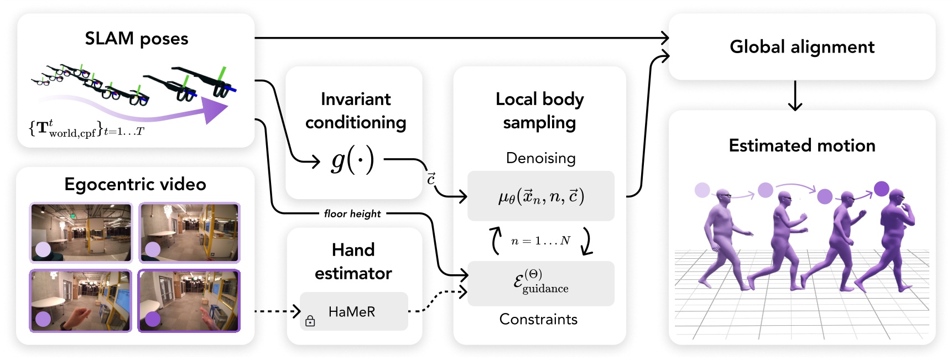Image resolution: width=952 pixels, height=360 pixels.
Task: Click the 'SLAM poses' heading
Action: (x=137, y=39)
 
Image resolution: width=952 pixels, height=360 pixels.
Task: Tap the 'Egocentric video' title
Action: (x=135, y=184)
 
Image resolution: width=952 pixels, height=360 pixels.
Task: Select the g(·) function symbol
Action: (x=352, y=160)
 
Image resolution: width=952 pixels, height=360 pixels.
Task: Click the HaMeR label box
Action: (x=354, y=311)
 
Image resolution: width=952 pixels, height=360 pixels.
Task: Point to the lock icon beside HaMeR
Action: (x=310, y=321)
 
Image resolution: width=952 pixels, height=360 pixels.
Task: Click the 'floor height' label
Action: (x=352, y=213)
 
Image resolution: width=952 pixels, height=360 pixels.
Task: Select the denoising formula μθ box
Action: (x=541, y=196)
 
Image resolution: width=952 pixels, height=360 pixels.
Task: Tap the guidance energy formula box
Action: (x=541, y=283)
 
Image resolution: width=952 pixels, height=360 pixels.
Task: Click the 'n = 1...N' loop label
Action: (x=540, y=241)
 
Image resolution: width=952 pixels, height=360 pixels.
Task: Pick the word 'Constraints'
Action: (x=538, y=319)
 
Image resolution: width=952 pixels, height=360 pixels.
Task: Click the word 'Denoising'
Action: (x=540, y=158)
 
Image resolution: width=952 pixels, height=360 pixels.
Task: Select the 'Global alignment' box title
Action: (x=802, y=47)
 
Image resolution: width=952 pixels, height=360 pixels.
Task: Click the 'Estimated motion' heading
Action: (x=802, y=145)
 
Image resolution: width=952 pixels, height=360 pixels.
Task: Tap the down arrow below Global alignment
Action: (x=795, y=96)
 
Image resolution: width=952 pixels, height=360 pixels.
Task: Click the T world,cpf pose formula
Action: (x=86, y=129)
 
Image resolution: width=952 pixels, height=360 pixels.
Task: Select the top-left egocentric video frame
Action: (x=81, y=232)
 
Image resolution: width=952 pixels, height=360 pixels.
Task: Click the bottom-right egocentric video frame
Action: (x=189, y=301)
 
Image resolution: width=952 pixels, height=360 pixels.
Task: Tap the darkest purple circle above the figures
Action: (x=882, y=189)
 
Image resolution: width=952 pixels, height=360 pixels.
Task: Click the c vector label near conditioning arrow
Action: (x=431, y=178)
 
